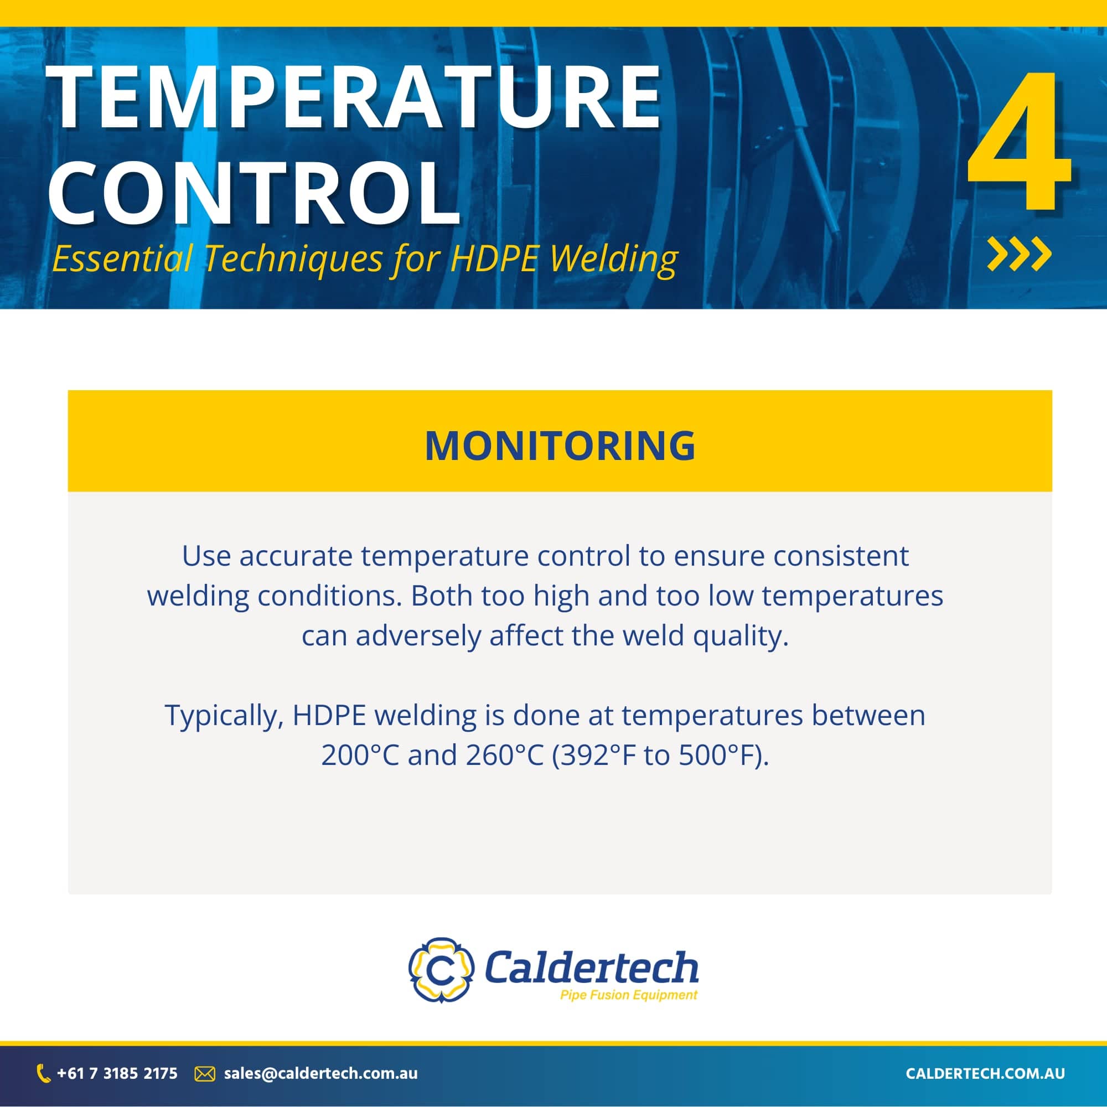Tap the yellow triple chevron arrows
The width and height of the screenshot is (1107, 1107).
(x=1020, y=255)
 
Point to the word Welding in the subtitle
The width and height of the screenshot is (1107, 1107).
(x=614, y=259)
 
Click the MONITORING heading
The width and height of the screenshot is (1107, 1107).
(x=560, y=445)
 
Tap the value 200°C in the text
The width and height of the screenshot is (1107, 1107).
(x=360, y=755)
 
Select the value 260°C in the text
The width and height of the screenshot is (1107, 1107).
(x=504, y=755)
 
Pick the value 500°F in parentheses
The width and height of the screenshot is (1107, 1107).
(x=718, y=755)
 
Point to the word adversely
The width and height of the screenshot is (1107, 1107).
(x=418, y=636)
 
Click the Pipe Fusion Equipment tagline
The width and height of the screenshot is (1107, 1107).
(x=629, y=995)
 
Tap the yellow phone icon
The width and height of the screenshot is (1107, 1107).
(x=44, y=1073)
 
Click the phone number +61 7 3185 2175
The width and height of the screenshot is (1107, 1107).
(x=117, y=1073)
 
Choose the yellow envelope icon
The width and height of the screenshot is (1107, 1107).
(x=205, y=1074)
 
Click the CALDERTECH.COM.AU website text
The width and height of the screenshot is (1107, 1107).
(x=985, y=1074)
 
